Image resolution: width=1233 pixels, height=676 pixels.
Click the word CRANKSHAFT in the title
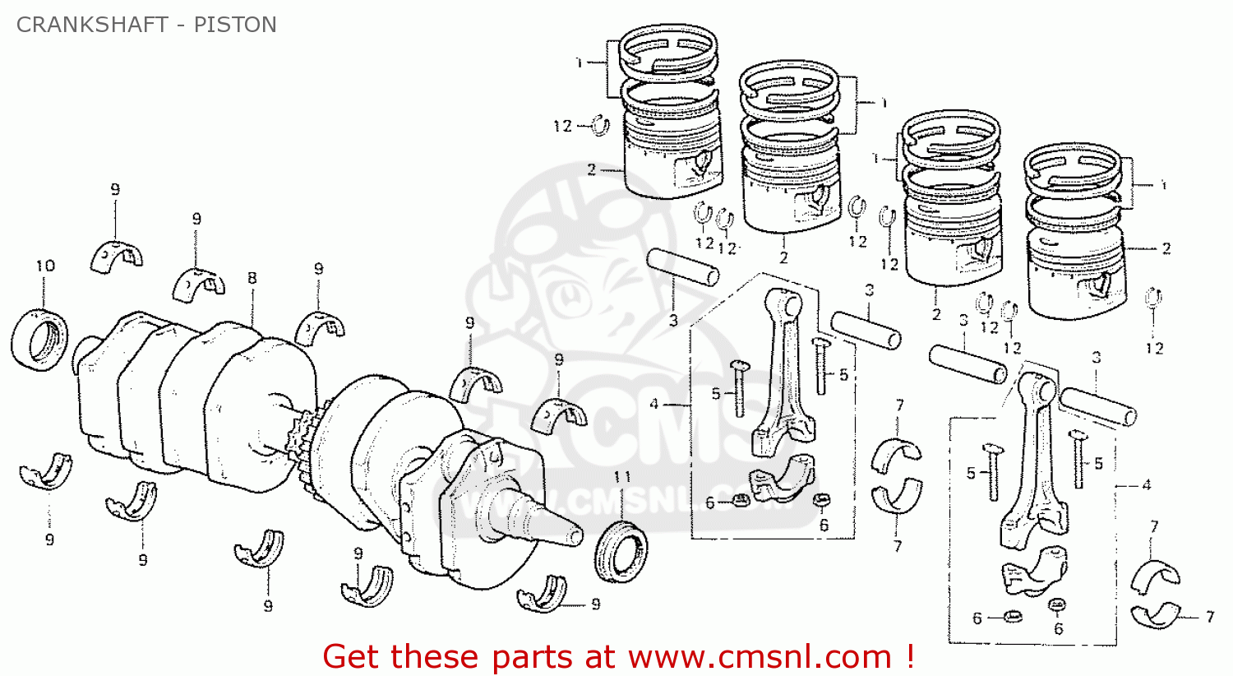(92, 25)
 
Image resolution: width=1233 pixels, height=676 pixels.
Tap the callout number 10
(45, 266)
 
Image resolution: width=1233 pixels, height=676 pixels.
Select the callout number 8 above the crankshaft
(252, 278)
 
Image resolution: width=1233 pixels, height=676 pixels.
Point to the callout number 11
(622, 477)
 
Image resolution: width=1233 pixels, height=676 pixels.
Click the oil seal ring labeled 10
(40, 340)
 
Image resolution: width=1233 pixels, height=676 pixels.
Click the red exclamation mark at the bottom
(909, 655)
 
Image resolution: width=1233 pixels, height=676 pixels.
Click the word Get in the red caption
(353, 657)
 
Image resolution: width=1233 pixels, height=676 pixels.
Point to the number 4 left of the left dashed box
(653, 404)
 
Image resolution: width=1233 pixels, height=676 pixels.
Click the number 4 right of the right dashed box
(1147, 485)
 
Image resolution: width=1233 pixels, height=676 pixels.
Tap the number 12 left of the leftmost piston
(562, 127)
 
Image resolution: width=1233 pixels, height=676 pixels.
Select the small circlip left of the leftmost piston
(600, 126)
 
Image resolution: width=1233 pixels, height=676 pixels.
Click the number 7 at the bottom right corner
(1209, 617)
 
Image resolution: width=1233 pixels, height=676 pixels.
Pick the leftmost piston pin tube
(682, 267)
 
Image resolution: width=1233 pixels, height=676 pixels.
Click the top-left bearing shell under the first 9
(117, 257)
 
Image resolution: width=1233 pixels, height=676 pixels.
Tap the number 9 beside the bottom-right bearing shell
(596, 604)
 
